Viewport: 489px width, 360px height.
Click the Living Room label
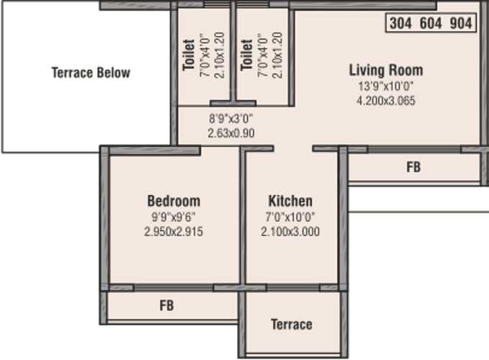(386, 70)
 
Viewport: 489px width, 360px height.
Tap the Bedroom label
(174, 201)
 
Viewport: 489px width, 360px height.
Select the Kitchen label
(290, 201)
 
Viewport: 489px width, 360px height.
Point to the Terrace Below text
(91, 73)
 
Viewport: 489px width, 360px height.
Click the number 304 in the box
(400, 23)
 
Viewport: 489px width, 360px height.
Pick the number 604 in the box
(431, 23)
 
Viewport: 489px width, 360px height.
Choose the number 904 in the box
(461, 23)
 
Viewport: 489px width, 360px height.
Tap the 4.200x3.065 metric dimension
(386, 101)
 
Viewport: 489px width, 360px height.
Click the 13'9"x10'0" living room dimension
(386, 86)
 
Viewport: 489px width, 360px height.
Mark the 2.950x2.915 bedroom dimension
(174, 232)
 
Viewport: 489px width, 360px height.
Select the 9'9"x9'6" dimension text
(174, 217)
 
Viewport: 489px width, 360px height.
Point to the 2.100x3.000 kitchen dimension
(290, 232)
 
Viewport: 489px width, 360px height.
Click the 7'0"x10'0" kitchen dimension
(290, 217)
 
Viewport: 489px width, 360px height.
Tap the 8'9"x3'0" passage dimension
(231, 119)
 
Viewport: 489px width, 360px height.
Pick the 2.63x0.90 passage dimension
(231, 133)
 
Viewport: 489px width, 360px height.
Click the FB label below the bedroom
(167, 305)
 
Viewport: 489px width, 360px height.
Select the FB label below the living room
(413, 167)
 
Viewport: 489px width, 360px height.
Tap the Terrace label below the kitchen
(292, 325)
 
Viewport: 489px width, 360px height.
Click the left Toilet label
(189, 55)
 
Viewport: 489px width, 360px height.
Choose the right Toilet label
(247, 55)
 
